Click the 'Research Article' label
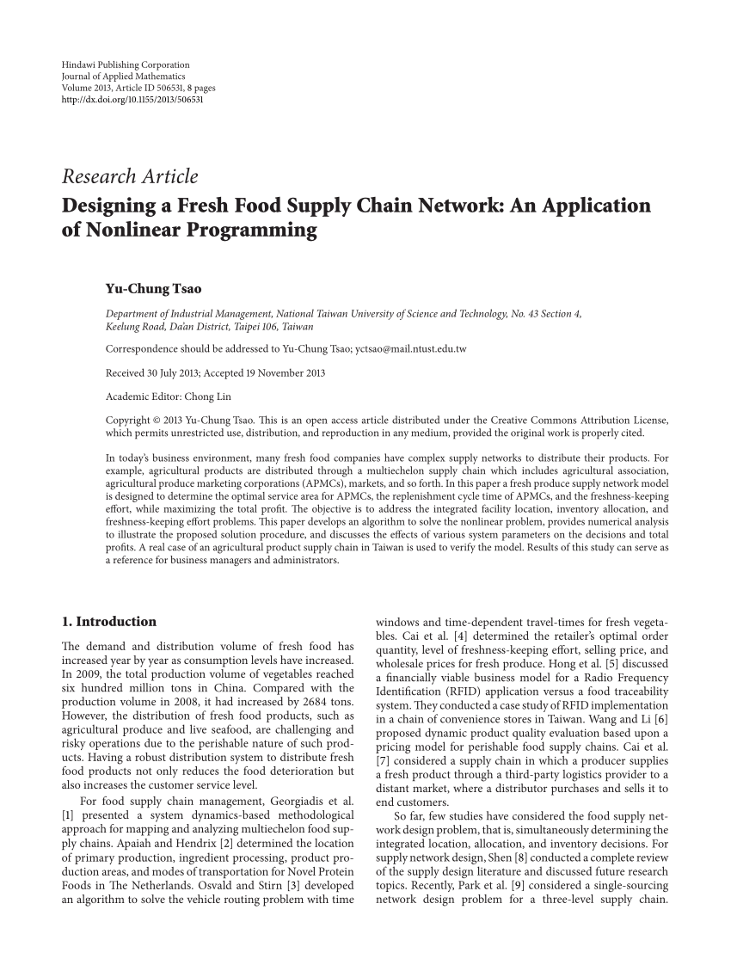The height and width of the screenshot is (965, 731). click(x=130, y=177)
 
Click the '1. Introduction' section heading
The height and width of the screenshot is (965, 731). click(x=109, y=622)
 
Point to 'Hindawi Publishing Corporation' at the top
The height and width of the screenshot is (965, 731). click(x=126, y=65)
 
